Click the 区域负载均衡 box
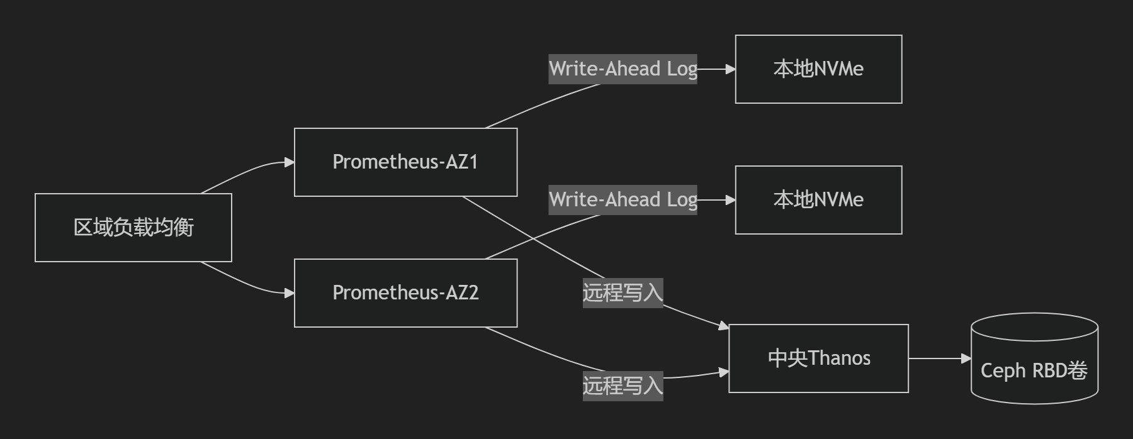[x=133, y=228]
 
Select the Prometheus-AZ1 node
[x=405, y=162]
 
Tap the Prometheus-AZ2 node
[x=405, y=293]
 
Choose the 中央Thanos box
[x=818, y=358]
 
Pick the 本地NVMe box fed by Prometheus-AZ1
[x=818, y=69]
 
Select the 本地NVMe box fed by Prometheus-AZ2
[x=818, y=200]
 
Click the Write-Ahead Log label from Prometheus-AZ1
[x=623, y=69]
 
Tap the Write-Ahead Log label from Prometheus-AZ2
[x=623, y=200]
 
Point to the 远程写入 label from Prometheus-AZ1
[x=623, y=293]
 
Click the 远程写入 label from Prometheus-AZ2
[x=623, y=386]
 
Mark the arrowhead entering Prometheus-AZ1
[x=290, y=162]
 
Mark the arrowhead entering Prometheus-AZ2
[x=290, y=293]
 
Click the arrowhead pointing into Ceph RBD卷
[x=966, y=358]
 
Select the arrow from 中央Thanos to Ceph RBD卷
[x=938, y=358]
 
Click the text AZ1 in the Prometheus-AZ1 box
[x=462, y=162]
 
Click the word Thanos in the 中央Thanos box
[x=839, y=358]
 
